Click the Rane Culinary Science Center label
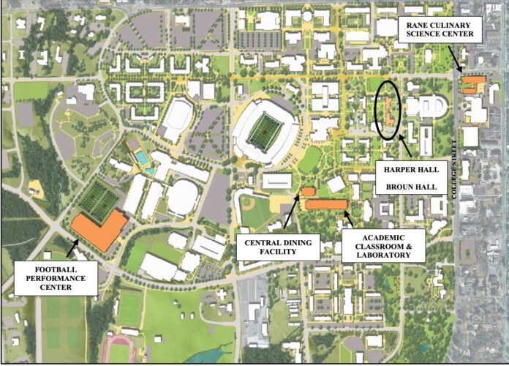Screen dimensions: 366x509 [440, 29]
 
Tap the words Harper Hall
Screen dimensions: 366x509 [412, 169]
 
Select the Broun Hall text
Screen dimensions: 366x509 [412, 187]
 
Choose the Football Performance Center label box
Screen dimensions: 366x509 [56, 277]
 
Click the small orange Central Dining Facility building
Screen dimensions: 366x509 [308, 191]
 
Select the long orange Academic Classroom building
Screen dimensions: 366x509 [326, 204]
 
